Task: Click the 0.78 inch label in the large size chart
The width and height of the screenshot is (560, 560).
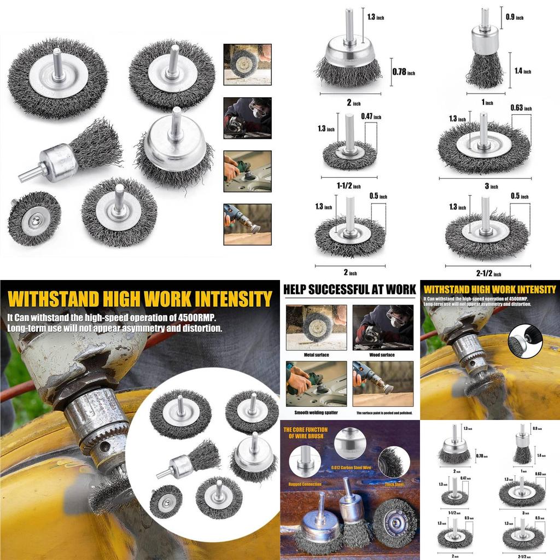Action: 403,72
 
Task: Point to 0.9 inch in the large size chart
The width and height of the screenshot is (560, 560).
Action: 515,17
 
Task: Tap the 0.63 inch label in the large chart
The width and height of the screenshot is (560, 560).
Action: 521,108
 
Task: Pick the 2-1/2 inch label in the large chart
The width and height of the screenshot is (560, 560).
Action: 489,273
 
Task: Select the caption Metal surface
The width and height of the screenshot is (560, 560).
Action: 316,355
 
